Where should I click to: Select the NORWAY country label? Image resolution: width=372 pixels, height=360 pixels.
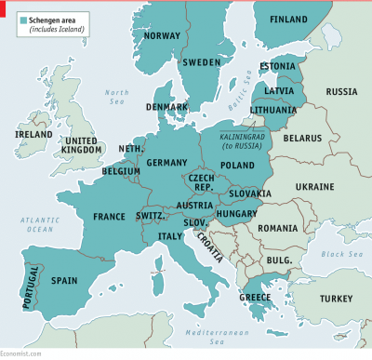click(163, 37)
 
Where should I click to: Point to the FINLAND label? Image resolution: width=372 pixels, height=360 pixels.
click(288, 20)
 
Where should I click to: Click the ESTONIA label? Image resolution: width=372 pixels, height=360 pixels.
click(277, 66)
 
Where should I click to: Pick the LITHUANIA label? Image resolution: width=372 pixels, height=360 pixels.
click(273, 110)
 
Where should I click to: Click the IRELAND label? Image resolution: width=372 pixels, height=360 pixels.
click(33, 134)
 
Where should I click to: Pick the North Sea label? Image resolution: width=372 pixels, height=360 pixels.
click(116, 97)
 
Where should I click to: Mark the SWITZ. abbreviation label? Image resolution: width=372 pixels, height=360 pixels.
click(151, 216)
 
